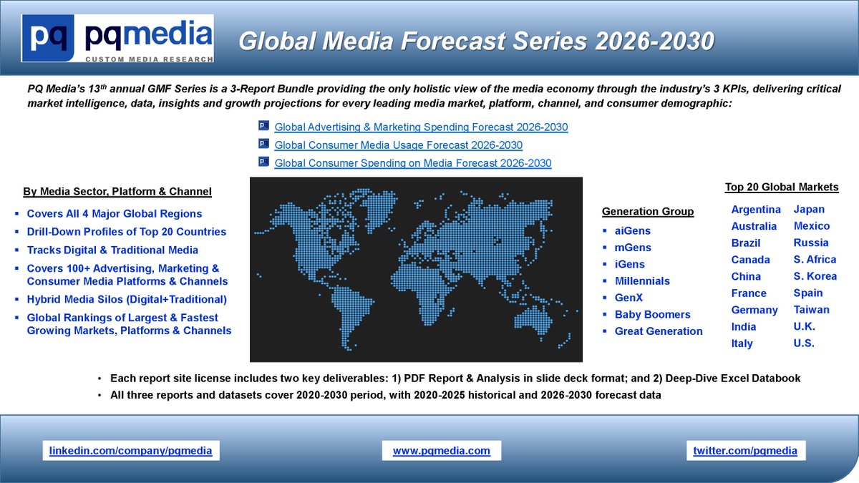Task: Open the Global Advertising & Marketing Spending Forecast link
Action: point(421,127)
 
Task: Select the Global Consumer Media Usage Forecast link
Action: point(398,145)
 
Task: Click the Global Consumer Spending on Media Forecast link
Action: point(412,163)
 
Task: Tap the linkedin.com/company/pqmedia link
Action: point(130,451)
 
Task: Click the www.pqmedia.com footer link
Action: point(442,451)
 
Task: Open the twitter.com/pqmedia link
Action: point(745,451)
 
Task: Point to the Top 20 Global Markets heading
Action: point(782,187)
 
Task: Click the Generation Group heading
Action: point(648,212)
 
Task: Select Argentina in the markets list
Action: point(756,210)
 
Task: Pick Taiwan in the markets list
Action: point(811,310)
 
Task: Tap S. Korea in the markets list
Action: point(815,276)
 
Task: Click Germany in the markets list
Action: point(754,310)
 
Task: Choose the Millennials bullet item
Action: point(642,281)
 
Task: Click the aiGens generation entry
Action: point(632,231)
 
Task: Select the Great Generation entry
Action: point(658,331)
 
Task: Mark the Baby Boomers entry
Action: point(652,315)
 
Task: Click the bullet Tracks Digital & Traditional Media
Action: point(112,250)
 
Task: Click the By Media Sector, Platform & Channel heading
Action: point(117,192)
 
